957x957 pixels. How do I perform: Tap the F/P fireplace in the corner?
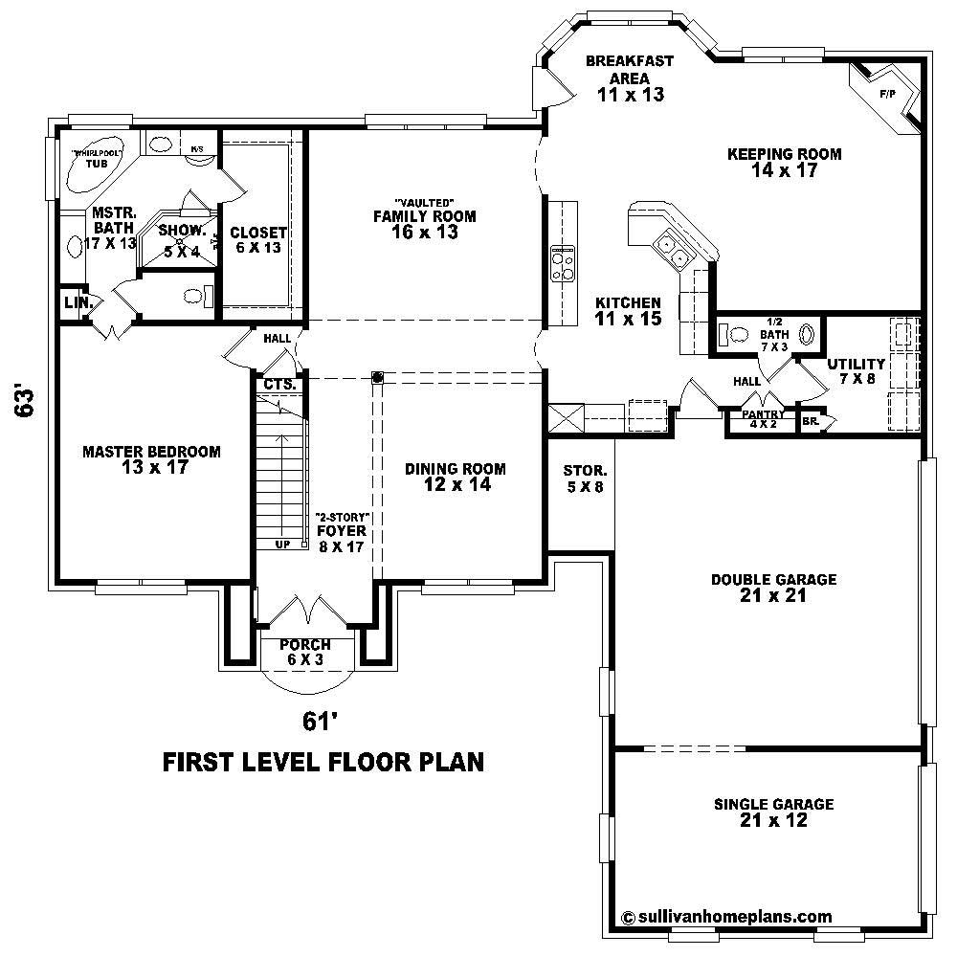coord(888,96)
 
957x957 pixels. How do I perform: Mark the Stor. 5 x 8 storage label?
coord(583,478)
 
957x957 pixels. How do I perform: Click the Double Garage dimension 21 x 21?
coord(773,596)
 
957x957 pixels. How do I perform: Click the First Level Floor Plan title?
coord(323,762)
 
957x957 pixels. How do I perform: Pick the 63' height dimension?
coord(26,402)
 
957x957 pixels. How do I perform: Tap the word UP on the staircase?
coord(281,544)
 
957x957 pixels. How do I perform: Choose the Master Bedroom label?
coord(151,459)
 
